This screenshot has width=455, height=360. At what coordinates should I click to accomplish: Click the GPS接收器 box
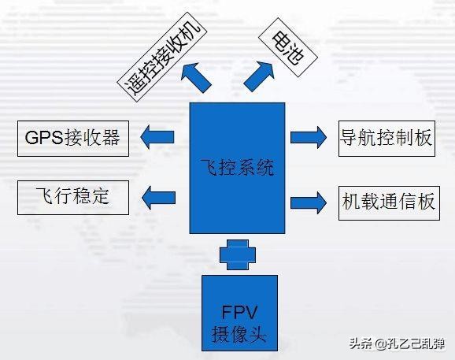(x=73, y=139)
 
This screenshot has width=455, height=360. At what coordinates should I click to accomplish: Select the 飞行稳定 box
(x=73, y=198)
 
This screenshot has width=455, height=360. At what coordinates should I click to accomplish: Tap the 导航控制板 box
(x=387, y=139)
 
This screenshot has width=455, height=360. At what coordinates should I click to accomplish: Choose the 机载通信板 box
(x=389, y=203)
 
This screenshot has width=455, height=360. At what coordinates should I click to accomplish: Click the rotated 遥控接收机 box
(x=162, y=57)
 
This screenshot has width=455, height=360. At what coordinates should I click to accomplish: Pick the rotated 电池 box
(x=287, y=47)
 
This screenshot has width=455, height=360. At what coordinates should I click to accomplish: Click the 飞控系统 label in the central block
(x=238, y=168)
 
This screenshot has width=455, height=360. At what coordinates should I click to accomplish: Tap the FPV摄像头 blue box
(x=239, y=313)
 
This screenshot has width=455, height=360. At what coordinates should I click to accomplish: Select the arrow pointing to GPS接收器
(x=157, y=137)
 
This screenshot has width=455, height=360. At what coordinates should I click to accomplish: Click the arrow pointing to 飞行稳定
(x=158, y=198)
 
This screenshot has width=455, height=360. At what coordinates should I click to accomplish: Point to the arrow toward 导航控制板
(x=309, y=137)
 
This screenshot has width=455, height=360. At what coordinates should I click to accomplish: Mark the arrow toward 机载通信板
(x=309, y=202)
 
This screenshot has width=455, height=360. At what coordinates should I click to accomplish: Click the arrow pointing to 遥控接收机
(x=195, y=76)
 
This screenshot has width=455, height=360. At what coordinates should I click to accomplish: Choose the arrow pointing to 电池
(x=259, y=76)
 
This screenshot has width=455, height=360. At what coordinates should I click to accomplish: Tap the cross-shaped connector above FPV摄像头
(x=238, y=254)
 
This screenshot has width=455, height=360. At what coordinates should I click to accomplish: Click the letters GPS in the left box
(x=44, y=138)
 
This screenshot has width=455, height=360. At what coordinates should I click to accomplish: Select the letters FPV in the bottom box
(x=239, y=313)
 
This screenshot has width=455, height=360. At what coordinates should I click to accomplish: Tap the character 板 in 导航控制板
(x=423, y=138)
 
